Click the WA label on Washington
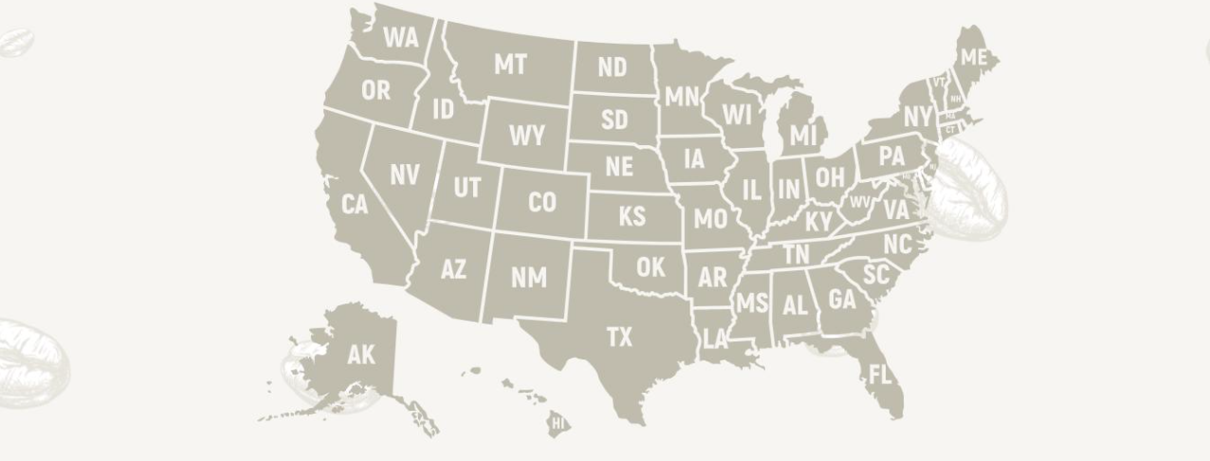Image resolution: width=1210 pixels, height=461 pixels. pos(401,38)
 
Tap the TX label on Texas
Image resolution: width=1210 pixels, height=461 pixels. pos(619,338)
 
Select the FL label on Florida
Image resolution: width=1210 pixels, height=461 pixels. pos(880,375)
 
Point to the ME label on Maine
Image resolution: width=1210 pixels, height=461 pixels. pos(974,58)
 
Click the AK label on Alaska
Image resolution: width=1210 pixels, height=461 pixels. pos(360,355)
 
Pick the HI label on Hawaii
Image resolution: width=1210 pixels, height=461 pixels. pos(558,423)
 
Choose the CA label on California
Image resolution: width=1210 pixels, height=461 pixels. pos(354,204)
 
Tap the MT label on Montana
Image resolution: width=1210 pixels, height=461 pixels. pos(510,65)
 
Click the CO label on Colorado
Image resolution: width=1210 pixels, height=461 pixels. pos(541,202)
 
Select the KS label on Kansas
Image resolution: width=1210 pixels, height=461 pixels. pos(632,217)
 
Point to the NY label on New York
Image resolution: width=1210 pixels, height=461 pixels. pos(917,117)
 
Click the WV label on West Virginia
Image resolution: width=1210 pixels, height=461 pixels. pos(860,202)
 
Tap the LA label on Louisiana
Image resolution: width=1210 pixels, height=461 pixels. pos(715,340)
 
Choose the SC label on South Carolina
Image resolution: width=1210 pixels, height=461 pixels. pos(877,275)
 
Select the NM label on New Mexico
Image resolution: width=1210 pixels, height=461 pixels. pos(528,277)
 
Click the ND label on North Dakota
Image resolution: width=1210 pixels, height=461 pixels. pos(613,67)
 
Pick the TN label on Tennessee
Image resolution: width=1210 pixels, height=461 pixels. pos(797,254)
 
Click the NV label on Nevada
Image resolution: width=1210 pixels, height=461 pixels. pos(405,175)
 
